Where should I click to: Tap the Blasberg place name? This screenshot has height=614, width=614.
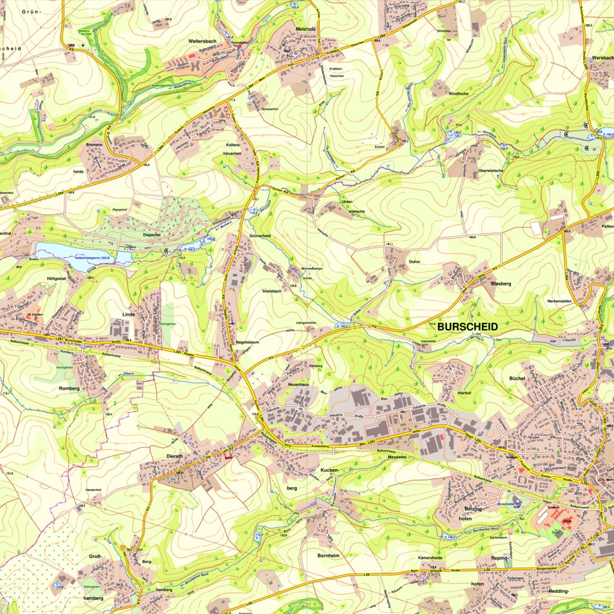(501, 283)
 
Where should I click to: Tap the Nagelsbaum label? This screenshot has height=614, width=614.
(247, 342)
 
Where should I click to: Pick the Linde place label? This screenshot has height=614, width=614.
(131, 314)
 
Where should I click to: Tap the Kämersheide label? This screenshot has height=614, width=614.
(430, 557)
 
